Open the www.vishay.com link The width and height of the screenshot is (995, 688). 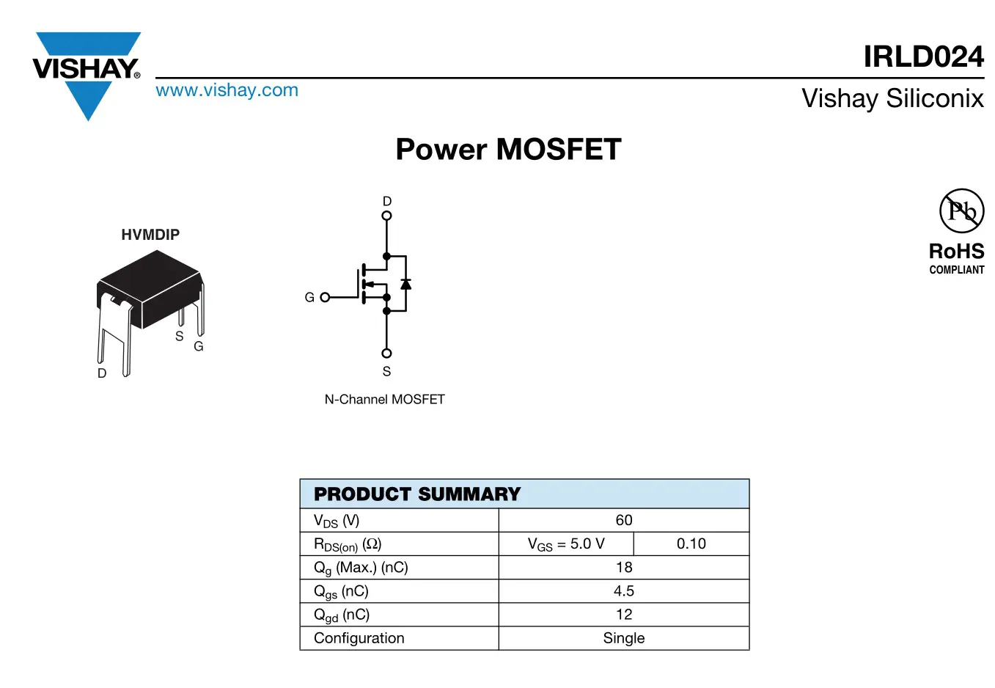227,90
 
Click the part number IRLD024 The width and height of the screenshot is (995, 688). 923,56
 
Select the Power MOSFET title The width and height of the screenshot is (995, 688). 508,150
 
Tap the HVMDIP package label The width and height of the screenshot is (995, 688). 150,235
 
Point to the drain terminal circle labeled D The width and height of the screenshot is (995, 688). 386,216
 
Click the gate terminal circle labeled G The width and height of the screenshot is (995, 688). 325,297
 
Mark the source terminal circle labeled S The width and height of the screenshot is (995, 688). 386,354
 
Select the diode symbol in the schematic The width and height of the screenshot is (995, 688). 405,284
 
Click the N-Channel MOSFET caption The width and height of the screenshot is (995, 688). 384,400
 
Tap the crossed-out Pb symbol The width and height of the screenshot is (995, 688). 961,211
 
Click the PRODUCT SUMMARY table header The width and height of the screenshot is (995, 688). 417,494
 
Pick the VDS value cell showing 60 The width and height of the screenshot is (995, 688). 623,521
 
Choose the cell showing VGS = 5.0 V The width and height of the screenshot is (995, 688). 566,544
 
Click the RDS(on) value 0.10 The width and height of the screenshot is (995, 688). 691,544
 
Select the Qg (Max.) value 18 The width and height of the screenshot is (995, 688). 623,568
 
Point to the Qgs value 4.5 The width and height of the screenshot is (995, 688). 623,591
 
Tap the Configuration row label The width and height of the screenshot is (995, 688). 359,638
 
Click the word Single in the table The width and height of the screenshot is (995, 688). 623,638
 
